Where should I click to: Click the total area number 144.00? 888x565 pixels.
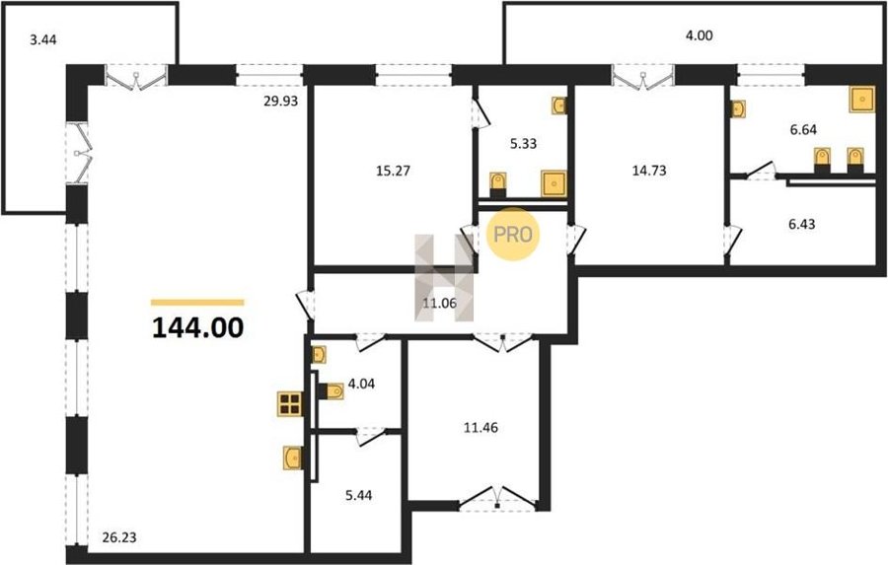(x=198, y=327)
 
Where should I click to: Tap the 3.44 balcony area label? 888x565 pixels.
(x=43, y=40)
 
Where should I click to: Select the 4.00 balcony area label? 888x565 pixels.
(x=700, y=35)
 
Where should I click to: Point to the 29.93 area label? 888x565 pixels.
(x=280, y=102)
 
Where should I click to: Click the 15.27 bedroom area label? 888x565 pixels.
(x=393, y=171)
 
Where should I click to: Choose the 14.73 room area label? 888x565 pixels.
(x=649, y=170)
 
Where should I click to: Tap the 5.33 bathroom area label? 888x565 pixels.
(x=523, y=144)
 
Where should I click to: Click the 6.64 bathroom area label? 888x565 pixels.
(x=803, y=129)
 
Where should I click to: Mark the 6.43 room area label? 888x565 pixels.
(x=802, y=224)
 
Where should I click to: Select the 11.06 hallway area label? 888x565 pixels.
(x=439, y=303)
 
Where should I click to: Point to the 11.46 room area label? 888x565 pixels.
(x=481, y=427)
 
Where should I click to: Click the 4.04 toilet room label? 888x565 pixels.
(x=361, y=384)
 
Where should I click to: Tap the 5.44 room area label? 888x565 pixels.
(x=359, y=495)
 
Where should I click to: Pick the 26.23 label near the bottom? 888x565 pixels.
(x=119, y=536)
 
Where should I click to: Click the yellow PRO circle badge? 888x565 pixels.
(x=513, y=234)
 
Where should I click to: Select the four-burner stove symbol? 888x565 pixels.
(x=289, y=404)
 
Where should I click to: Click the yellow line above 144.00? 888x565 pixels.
(x=197, y=303)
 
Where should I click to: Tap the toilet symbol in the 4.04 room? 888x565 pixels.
(x=333, y=391)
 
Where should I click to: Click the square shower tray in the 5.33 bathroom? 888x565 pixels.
(x=554, y=183)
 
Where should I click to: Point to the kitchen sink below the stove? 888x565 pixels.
(x=292, y=458)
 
